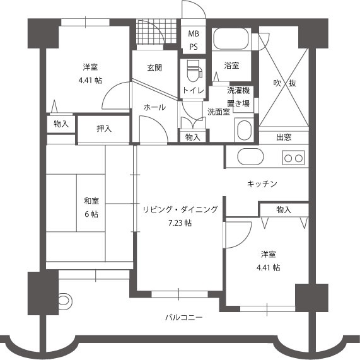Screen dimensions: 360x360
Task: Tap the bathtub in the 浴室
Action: tap(231, 38)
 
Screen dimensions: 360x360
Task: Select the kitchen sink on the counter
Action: tap(250, 156)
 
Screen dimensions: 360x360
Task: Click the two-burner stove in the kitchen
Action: tap(293, 158)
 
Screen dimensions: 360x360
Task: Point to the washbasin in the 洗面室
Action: tap(244, 130)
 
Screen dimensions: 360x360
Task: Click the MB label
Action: tap(194, 34)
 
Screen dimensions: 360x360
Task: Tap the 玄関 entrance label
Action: tap(154, 67)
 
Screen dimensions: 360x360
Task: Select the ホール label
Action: tap(154, 107)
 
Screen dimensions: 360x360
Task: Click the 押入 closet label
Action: tap(104, 129)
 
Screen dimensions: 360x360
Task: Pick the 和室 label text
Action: tap(91, 201)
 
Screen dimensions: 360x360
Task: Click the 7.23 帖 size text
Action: tap(180, 223)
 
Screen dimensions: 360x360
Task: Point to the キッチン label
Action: tap(262, 183)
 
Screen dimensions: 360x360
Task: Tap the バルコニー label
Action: tap(184, 318)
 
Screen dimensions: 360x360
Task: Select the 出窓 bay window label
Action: tap(284, 137)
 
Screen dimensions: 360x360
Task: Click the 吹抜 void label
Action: tap(285, 83)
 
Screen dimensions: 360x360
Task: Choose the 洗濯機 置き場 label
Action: tap(238, 97)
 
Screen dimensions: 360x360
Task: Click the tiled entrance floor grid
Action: tap(156, 32)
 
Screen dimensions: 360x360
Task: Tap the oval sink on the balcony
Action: tap(66, 300)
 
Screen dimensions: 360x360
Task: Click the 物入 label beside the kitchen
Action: tap(284, 209)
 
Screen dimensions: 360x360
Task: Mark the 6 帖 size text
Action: tap(91, 214)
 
